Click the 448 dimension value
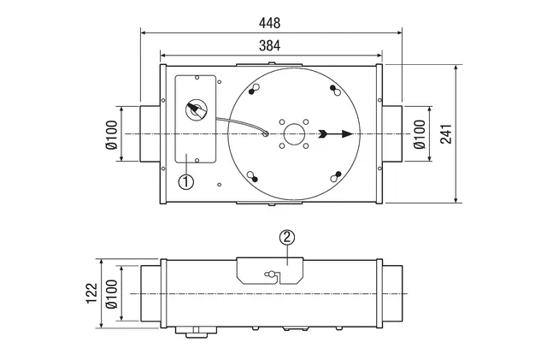point(269,23)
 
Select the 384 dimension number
point(269,45)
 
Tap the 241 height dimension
point(446,133)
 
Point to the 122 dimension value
point(91,293)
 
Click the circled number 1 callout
point(186,181)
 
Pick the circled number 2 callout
point(287,238)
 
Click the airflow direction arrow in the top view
point(335,133)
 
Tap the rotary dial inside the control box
point(197,109)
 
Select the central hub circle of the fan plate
point(294,133)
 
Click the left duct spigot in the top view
point(150,133)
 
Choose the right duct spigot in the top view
point(392,133)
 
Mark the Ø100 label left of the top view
point(112,135)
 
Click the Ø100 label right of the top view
point(420,134)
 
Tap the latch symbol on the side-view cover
point(271,274)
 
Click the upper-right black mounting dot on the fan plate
point(332,87)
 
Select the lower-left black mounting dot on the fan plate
point(255,180)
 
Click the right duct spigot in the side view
point(392,293)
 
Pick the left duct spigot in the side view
point(150,293)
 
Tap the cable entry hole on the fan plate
point(266,133)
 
